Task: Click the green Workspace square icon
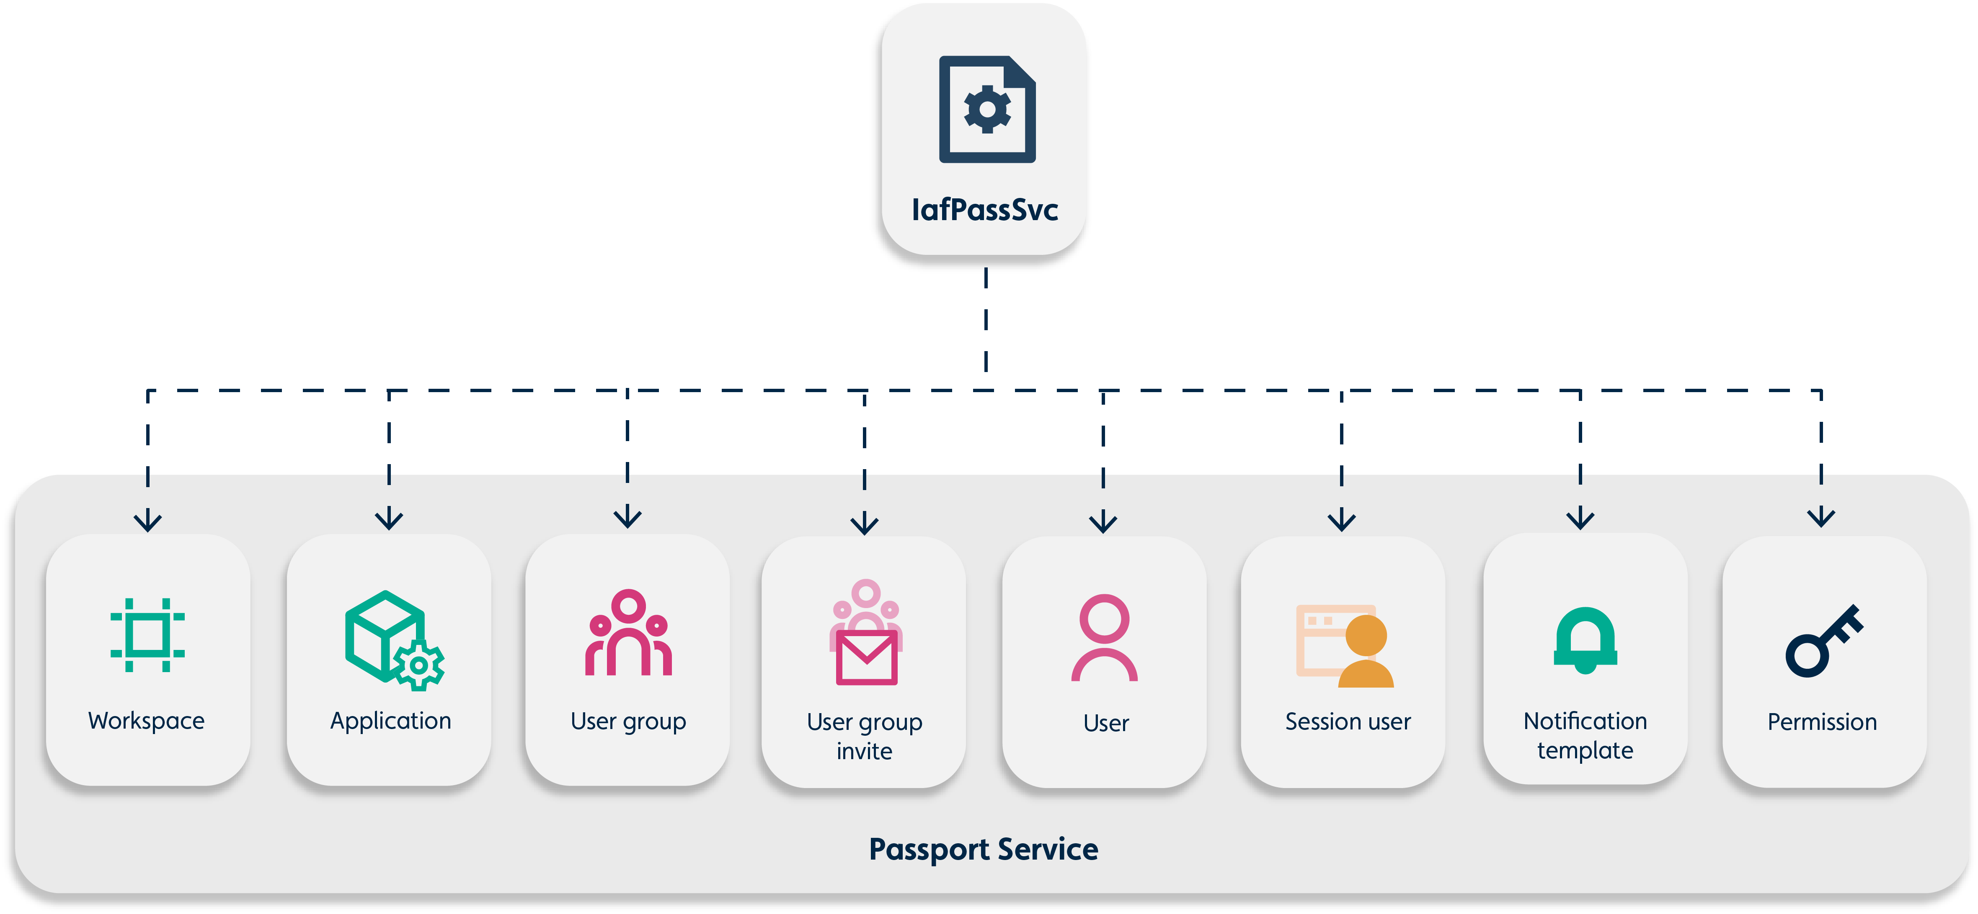(147, 635)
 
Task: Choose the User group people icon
(628, 633)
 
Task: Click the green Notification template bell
(1585, 640)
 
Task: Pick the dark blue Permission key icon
(1824, 641)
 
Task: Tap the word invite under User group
(865, 751)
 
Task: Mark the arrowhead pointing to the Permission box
(1821, 518)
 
